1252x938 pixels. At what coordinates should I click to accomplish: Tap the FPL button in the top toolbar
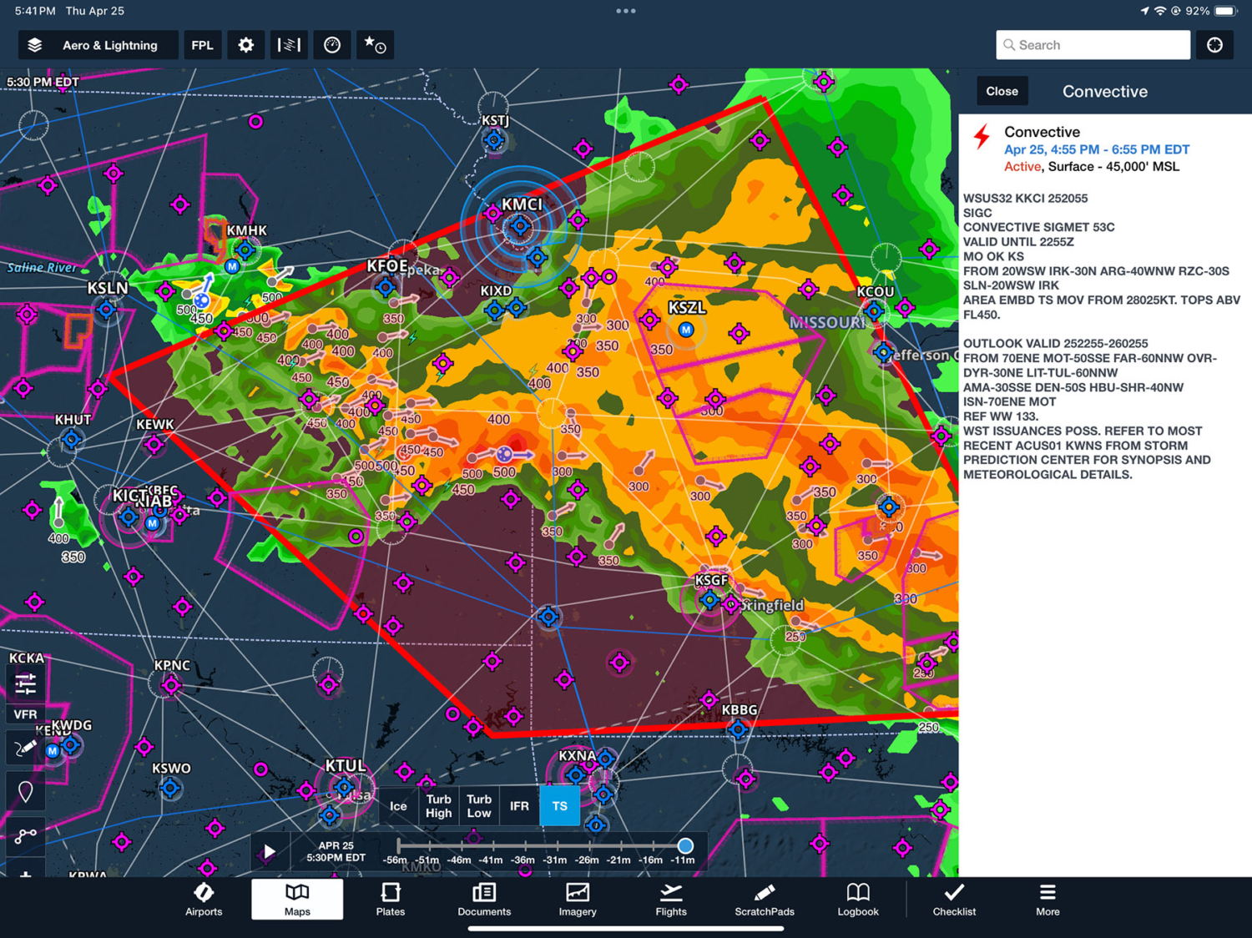(x=202, y=45)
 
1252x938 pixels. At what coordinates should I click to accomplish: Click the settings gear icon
(x=245, y=45)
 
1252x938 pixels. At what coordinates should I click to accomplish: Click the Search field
(x=1093, y=45)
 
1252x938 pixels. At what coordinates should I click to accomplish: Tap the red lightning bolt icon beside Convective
(x=982, y=137)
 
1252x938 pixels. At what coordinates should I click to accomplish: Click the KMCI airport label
(x=522, y=204)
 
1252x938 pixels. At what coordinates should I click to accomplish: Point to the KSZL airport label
(x=686, y=308)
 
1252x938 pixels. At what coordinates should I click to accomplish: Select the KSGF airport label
(x=711, y=580)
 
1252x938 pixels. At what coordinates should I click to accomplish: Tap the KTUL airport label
(x=345, y=765)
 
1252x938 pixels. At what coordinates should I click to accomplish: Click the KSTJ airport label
(x=495, y=121)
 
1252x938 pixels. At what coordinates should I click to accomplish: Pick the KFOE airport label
(x=387, y=266)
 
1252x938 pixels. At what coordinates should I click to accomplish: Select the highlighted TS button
(x=559, y=806)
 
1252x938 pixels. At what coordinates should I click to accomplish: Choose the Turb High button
(x=438, y=806)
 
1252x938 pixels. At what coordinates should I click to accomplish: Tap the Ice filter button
(x=398, y=806)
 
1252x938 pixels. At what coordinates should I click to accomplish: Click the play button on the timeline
(x=270, y=851)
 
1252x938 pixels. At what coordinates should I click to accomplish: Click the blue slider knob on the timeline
(x=685, y=845)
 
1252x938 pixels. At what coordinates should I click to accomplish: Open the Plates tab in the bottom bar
(x=390, y=900)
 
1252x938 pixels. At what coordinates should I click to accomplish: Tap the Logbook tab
(x=857, y=900)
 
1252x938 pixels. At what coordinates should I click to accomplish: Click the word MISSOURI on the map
(x=827, y=323)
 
